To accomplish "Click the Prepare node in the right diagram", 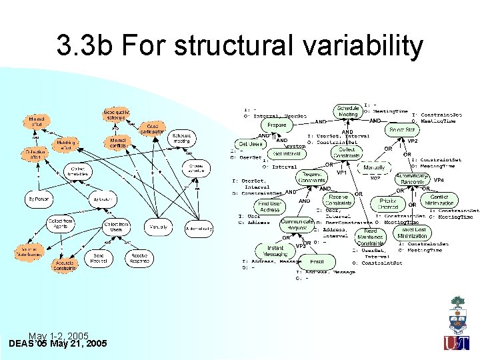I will point(277,125).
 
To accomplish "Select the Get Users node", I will point(251,144).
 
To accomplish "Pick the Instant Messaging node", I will point(275,251).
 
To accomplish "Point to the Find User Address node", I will point(269,206).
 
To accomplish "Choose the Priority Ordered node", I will point(388,204).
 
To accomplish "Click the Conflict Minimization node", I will point(439,200).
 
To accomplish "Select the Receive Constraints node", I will point(339,200).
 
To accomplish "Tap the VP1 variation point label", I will point(341,172).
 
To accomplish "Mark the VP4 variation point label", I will point(439,180).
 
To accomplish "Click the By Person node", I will point(40,199).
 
